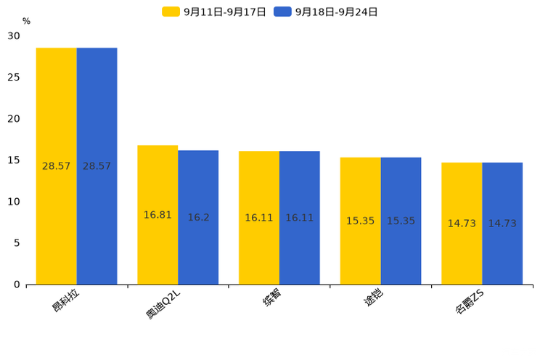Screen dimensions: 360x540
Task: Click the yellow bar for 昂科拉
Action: (57, 166)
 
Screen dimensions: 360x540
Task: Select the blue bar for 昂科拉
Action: (97, 166)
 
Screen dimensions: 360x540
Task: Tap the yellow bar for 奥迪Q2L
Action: (157, 215)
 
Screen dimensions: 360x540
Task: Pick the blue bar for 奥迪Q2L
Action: (198, 217)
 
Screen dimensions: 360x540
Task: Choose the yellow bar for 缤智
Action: (259, 218)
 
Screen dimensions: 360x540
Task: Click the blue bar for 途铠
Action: (401, 221)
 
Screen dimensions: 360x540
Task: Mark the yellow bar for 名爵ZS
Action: (462, 224)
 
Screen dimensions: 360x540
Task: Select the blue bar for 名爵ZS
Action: (502, 224)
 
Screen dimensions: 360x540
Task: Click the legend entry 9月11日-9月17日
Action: (214, 12)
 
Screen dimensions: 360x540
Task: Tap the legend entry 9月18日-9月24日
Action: (326, 12)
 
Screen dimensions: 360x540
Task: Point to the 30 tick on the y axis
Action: (14, 36)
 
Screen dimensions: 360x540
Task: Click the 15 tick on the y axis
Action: (14, 160)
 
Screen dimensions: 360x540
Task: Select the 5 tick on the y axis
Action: (17, 243)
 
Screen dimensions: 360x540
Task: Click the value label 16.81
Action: (157, 215)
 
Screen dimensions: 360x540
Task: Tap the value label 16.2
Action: (198, 218)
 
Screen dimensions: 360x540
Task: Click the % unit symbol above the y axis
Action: (26, 21)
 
